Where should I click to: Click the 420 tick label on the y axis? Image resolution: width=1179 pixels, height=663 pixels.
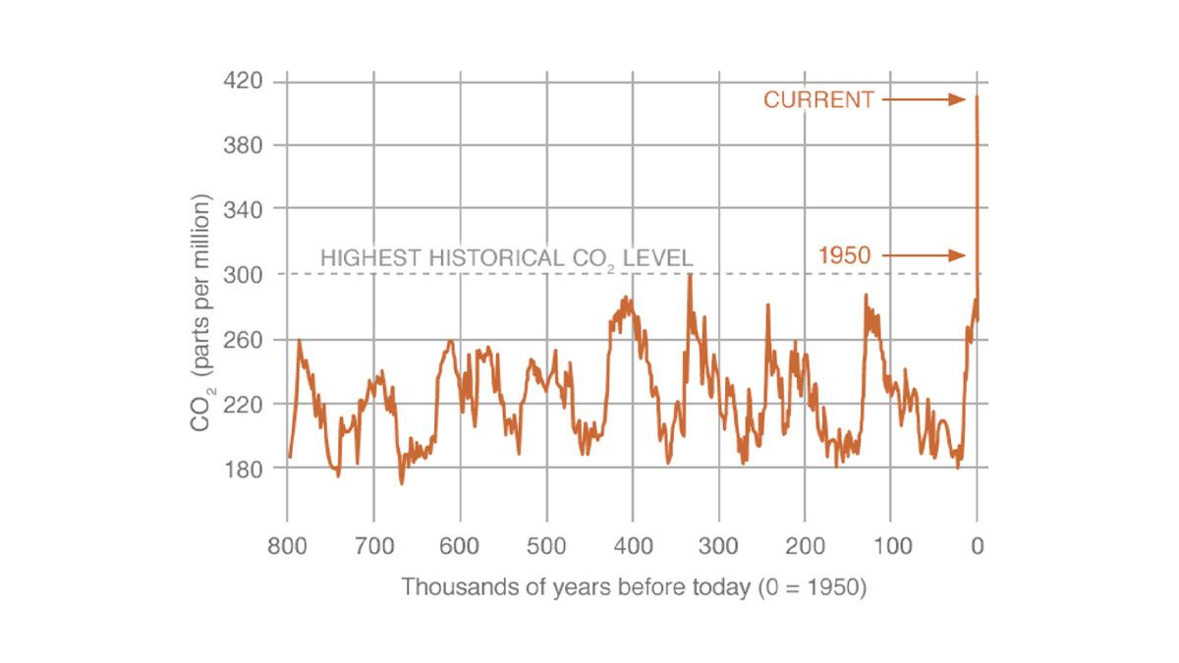pyautogui.click(x=244, y=81)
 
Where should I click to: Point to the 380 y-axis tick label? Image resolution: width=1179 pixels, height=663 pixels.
pyautogui.click(x=244, y=145)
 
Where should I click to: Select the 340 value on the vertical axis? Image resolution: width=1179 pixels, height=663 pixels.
pyautogui.click(x=244, y=209)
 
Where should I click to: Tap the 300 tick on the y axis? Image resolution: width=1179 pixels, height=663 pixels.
pyautogui.click(x=244, y=274)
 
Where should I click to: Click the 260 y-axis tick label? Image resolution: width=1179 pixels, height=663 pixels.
pyautogui.click(x=244, y=339)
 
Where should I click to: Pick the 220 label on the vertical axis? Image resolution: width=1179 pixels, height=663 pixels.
pyautogui.click(x=244, y=404)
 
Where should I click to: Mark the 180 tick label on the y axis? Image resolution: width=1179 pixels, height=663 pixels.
pyautogui.click(x=244, y=469)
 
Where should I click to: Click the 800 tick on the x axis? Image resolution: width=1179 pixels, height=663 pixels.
pyautogui.click(x=288, y=546)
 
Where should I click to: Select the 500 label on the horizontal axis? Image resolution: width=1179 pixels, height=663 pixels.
pyautogui.click(x=546, y=546)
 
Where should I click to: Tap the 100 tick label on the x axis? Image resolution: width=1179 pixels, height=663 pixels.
pyautogui.click(x=891, y=546)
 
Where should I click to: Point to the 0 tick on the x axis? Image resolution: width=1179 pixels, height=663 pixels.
pyautogui.click(x=978, y=546)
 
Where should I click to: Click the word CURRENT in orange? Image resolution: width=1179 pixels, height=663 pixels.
pyautogui.click(x=818, y=99)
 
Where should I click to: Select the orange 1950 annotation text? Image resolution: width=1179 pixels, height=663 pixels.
pyautogui.click(x=845, y=256)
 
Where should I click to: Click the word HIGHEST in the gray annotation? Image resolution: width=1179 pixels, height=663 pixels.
pyautogui.click(x=368, y=258)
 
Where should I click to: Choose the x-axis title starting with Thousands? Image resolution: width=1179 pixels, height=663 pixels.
pyautogui.click(x=634, y=588)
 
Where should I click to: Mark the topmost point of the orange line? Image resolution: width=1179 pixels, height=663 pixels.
pyautogui.click(x=978, y=97)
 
